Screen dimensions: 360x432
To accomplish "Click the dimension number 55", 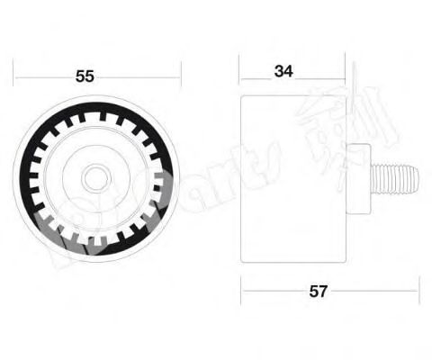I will [x=85, y=76].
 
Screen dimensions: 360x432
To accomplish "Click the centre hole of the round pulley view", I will [x=95, y=175].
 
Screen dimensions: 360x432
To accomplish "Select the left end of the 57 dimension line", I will [x=241, y=291].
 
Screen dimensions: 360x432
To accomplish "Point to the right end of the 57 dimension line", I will [x=418, y=291].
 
